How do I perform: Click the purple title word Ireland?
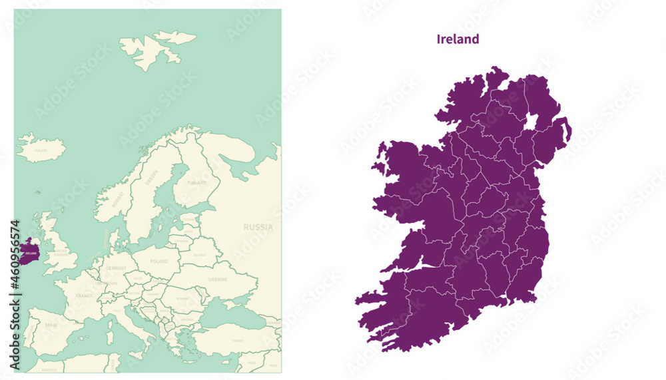click(x=458, y=39)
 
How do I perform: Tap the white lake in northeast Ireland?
click(x=531, y=122)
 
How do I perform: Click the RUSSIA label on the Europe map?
click(x=257, y=227)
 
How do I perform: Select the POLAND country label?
click(x=160, y=262)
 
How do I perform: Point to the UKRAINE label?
click(x=218, y=280)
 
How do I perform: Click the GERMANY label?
click(x=117, y=268)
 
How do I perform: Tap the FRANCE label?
click(x=84, y=295)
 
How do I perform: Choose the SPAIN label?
click(x=51, y=325)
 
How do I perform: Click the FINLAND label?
click(x=197, y=182)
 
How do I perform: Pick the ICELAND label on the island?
click(x=41, y=150)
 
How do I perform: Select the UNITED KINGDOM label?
click(x=61, y=252)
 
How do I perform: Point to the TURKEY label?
click(x=237, y=340)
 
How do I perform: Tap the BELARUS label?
click(x=199, y=254)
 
